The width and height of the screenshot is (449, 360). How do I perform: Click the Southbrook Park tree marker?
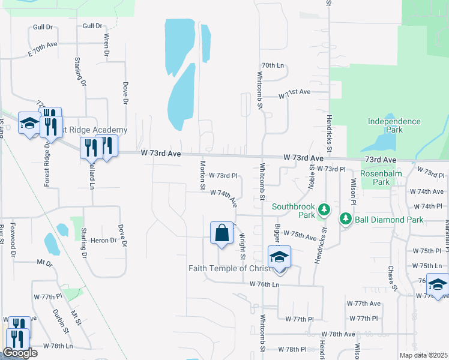click(324, 209)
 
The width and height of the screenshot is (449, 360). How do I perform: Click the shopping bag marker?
click(221, 233)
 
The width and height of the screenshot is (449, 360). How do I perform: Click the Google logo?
click(20, 353)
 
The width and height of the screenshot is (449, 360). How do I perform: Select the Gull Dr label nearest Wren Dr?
click(92, 26)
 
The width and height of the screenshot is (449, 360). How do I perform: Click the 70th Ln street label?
click(272, 65)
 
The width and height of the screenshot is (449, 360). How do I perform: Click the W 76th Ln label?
click(265, 284)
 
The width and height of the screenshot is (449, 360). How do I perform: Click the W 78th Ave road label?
click(338, 334)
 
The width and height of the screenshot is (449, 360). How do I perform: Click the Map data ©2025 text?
click(423, 355)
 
